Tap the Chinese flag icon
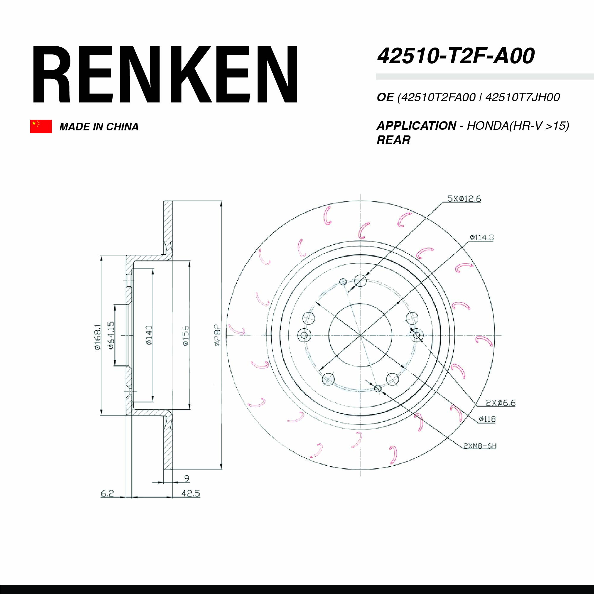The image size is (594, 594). click(41, 126)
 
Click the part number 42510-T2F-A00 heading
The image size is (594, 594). click(456, 56)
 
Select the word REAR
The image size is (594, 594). click(393, 140)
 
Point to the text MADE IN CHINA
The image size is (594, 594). click(99, 127)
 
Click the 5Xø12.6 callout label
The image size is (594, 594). click(464, 199)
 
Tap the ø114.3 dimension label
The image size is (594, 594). click(481, 237)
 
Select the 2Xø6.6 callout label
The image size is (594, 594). click(500, 402)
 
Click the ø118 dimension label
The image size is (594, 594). click(487, 419)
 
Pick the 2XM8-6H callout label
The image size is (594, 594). click(480, 446)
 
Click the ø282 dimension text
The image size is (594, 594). click(218, 335)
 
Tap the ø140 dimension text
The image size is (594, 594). click(149, 335)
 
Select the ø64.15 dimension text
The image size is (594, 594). click(111, 335)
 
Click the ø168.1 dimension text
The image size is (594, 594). click(97, 337)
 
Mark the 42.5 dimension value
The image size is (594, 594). click(190, 493)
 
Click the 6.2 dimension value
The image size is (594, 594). click(107, 493)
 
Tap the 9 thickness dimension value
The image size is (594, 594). click(187, 478)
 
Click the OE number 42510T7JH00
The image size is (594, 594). click(523, 97)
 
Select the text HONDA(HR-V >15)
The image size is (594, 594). click(518, 126)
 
